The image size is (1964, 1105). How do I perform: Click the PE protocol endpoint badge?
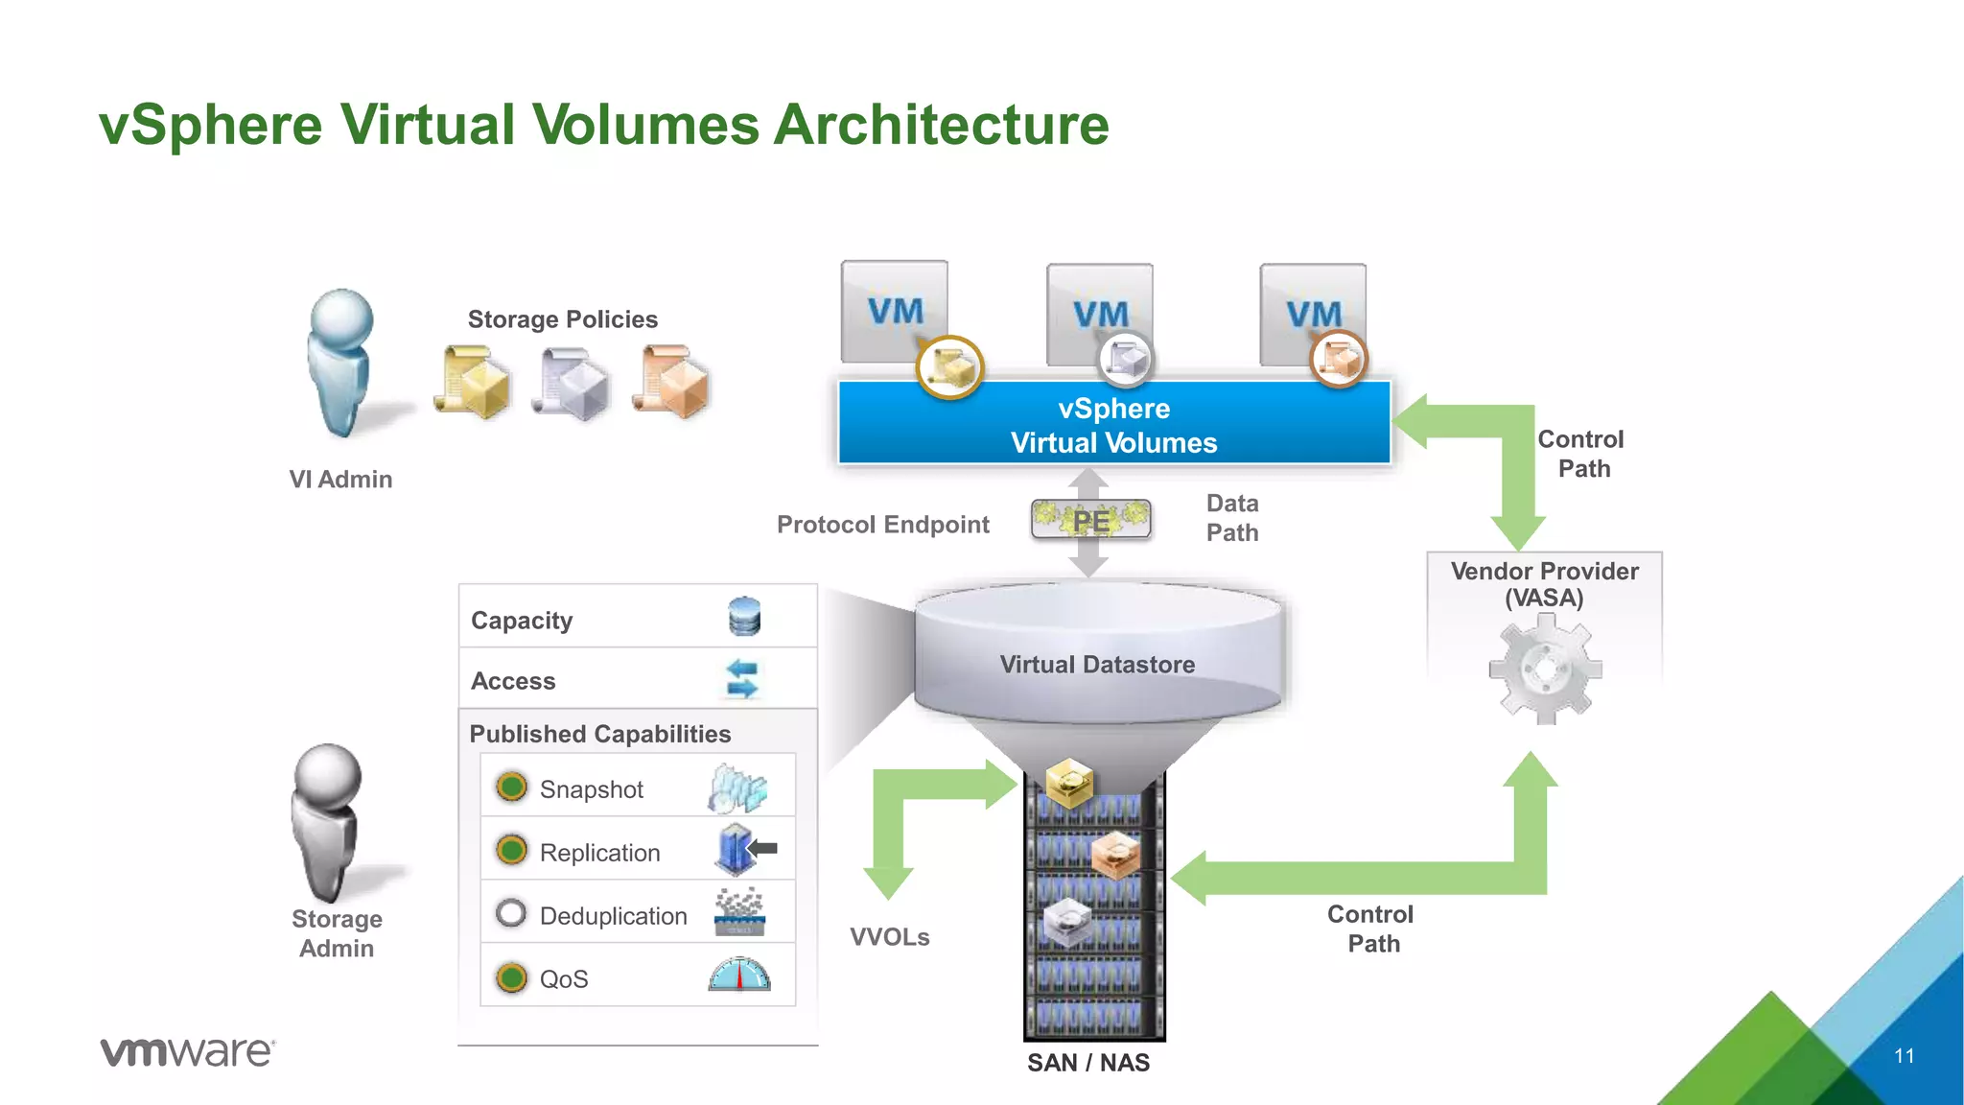[1091, 521]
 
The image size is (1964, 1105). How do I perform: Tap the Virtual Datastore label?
[1097, 665]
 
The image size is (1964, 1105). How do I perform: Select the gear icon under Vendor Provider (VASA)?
[1545, 670]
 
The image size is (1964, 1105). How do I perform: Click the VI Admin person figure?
[339, 364]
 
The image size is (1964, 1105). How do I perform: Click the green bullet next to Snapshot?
[512, 788]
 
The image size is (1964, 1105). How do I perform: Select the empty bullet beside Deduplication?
[511, 913]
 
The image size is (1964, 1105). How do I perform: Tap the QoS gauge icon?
[739, 975]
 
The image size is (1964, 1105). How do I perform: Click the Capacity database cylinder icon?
[744, 617]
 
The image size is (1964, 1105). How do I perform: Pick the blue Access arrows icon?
[742, 678]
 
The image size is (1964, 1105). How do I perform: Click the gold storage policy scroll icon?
[472, 383]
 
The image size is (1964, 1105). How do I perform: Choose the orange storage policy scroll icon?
[672, 383]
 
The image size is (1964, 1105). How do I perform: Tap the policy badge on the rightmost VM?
[1339, 360]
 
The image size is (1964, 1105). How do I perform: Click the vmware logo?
[188, 1052]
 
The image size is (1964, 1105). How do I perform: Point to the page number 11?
[1904, 1056]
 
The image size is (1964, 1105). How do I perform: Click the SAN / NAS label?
[1088, 1063]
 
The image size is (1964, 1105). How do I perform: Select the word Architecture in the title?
[941, 126]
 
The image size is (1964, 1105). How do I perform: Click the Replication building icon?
[736, 849]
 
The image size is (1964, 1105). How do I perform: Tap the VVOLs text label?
[890, 937]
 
